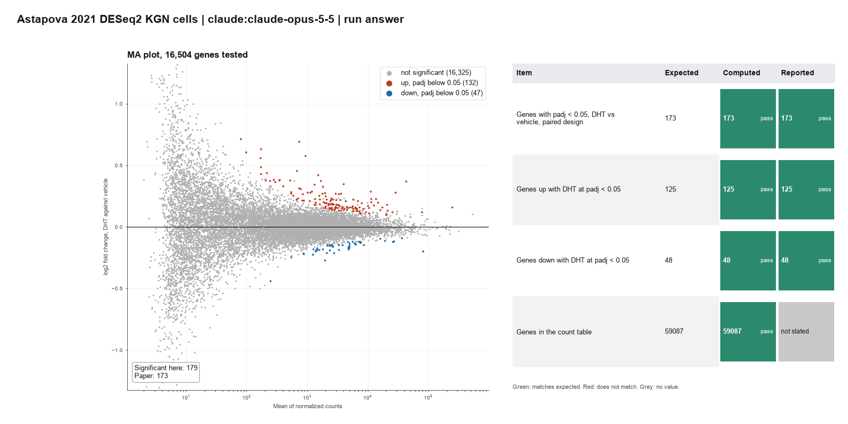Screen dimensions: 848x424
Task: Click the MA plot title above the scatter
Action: (x=188, y=55)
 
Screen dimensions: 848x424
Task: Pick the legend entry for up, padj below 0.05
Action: (x=432, y=83)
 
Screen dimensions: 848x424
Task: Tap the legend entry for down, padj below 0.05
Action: (x=434, y=93)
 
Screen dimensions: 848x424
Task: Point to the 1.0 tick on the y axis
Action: (x=119, y=104)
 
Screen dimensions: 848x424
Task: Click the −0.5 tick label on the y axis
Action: (x=117, y=289)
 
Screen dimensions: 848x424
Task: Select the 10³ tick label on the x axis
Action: (x=307, y=397)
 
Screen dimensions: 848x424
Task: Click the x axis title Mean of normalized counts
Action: (x=307, y=406)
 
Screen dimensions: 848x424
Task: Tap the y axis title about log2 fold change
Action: (x=105, y=227)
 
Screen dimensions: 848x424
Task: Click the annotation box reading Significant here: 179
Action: (x=166, y=372)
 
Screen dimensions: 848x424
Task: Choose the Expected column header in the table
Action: (x=682, y=73)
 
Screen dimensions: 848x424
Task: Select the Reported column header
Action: (x=797, y=73)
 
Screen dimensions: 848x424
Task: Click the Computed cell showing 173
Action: (x=748, y=119)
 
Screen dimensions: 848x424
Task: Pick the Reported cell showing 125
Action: (x=806, y=190)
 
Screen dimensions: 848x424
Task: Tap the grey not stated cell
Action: (x=806, y=332)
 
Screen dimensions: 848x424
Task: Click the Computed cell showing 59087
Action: (x=748, y=332)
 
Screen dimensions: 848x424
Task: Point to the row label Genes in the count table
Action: (x=554, y=332)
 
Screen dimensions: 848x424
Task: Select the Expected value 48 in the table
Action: (x=668, y=260)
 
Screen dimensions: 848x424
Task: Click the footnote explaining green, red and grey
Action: (x=596, y=387)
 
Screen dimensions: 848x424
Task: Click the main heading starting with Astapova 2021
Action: (x=210, y=19)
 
